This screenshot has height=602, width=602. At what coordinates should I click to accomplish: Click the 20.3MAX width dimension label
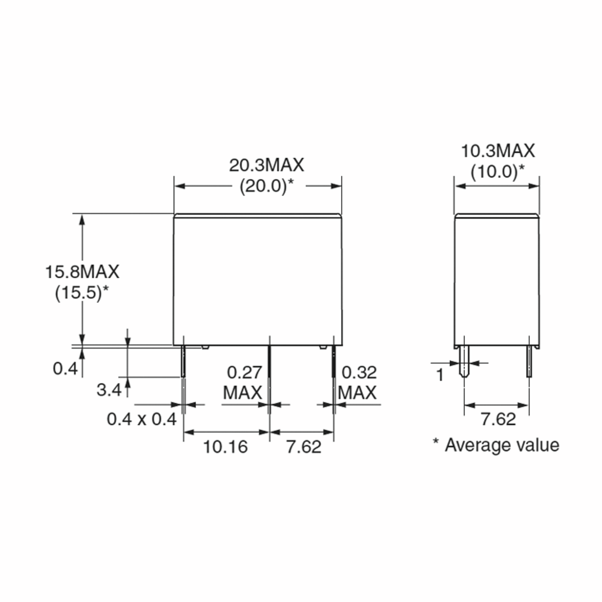[266, 166]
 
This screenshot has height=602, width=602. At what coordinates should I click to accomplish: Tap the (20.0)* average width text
[266, 187]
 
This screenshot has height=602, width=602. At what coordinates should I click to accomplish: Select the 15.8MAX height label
[82, 272]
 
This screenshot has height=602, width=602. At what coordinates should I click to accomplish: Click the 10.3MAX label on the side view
[498, 151]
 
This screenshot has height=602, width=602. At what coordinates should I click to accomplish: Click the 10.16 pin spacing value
[225, 447]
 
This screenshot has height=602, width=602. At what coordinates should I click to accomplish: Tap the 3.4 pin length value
[109, 390]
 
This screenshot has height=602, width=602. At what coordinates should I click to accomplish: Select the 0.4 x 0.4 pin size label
[142, 419]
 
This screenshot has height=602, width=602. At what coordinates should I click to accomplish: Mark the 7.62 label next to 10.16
[304, 447]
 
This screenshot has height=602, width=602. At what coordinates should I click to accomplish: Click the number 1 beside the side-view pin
[440, 375]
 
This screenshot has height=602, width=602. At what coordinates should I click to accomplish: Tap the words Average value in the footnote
[502, 445]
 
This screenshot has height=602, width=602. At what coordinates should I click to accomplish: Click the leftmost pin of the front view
[183, 361]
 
